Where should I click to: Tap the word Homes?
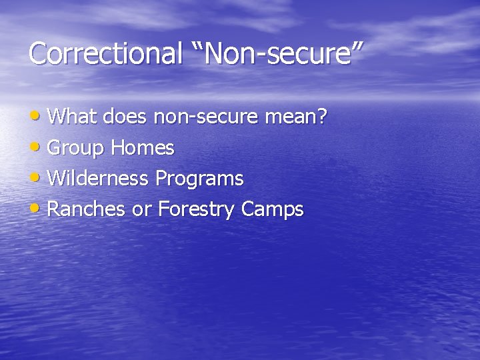point(143,148)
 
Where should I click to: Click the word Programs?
point(199,179)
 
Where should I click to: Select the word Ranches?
point(87,209)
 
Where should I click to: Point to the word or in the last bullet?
point(141,211)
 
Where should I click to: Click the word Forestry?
point(197,210)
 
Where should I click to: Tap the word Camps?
point(273,210)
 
